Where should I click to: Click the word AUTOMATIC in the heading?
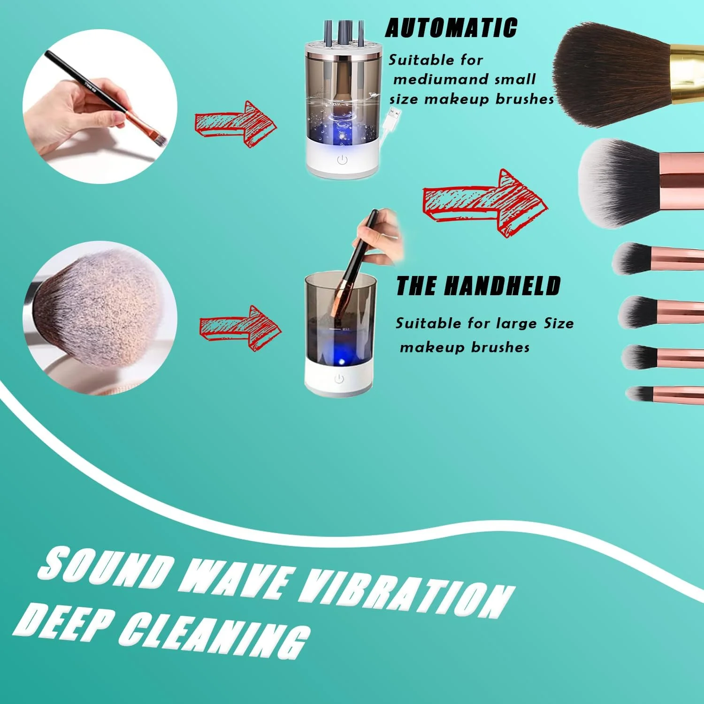tap(451, 28)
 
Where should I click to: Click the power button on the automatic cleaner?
tap(342, 160)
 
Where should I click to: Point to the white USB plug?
tap(394, 115)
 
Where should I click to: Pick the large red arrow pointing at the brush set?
tap(484, 203)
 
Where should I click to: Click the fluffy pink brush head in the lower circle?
tap(101, 307)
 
